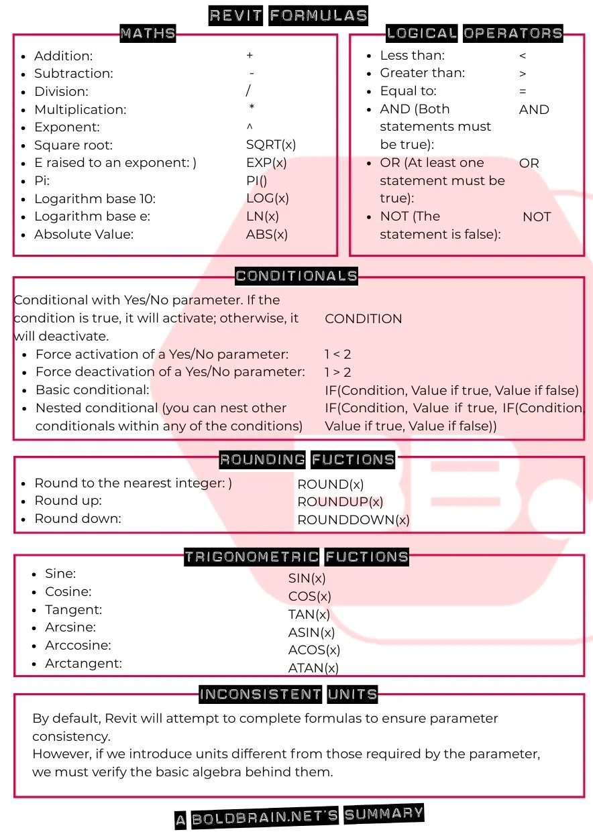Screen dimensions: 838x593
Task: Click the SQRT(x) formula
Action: [271, 144]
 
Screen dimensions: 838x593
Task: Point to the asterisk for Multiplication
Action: [252, 108]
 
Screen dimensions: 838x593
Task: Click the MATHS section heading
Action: [148, 33]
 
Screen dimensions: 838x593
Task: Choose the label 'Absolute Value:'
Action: [84, 234]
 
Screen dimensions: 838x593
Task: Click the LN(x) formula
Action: [262, 216]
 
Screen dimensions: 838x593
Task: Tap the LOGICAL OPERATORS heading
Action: [474, 33]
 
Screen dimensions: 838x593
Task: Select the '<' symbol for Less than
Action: [523, 56]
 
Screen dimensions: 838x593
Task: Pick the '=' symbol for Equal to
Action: [523, 91]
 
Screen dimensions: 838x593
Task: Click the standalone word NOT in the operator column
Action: [537, 217]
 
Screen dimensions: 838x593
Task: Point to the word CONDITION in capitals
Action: [364, 318]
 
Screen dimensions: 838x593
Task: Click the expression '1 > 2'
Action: [338, 372]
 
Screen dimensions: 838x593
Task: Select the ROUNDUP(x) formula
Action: [340, 501]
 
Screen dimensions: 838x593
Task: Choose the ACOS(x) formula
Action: [314, 650]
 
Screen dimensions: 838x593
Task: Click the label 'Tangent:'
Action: [73, 609]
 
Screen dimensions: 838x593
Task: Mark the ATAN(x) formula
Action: [313, 668]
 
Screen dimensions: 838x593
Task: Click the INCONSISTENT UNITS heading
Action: [288, 694]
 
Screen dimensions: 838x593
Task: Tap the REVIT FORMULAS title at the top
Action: [288, 15]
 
